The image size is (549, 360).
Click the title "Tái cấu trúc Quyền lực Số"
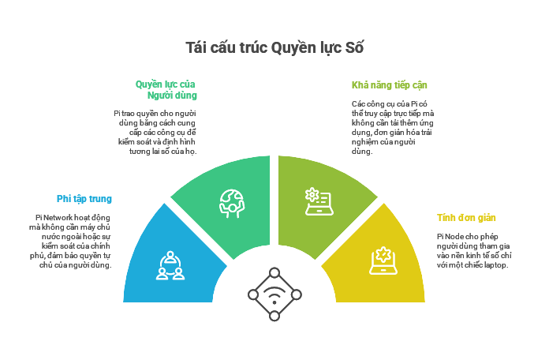[274, 47]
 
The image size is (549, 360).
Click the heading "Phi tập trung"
[84, 199]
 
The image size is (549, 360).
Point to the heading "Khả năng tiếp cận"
[390, 85]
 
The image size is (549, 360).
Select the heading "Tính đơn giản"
[466, 218]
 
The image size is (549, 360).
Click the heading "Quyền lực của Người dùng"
[167, 89]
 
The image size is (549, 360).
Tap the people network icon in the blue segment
[170, 265]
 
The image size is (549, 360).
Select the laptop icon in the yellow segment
[383, 261]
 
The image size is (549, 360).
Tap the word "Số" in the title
[354, 47]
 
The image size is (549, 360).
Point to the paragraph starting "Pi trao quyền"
[155, 132]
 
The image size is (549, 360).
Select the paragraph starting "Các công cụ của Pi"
[392, 127]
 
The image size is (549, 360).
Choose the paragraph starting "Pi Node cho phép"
[474, 250]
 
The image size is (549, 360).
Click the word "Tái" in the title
[196, 47]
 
